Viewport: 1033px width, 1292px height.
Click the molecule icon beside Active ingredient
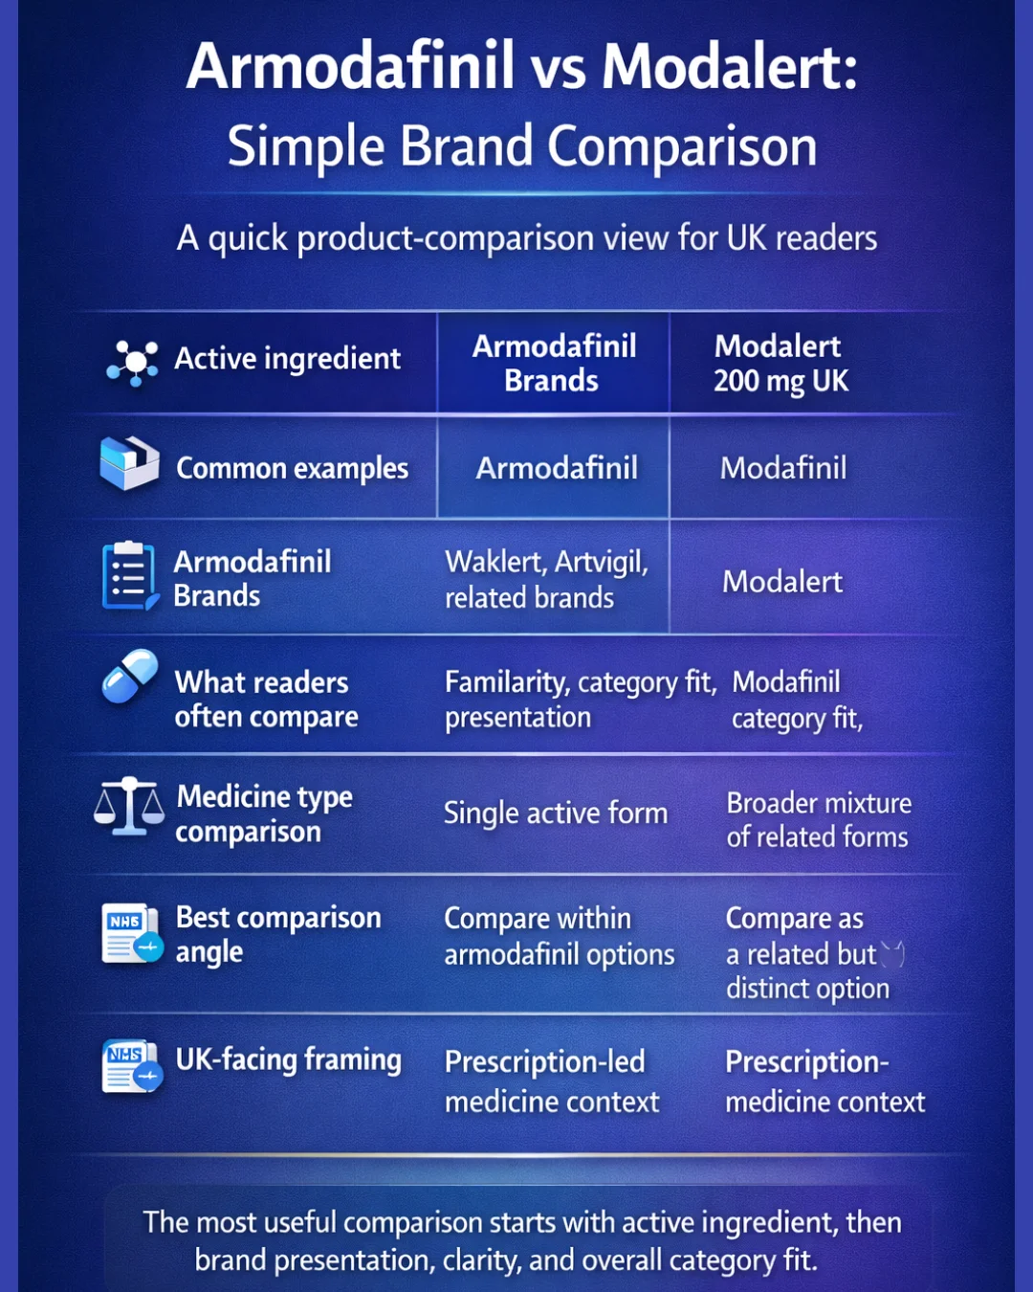pos(133,362)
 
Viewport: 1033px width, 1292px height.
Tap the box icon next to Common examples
pos(129,463)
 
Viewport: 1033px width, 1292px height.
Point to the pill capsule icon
pos(130,676)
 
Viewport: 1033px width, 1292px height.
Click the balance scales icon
pos(129,807)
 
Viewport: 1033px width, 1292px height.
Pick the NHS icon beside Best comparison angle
pos(132,933)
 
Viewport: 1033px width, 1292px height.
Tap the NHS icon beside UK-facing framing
pos(132,1066)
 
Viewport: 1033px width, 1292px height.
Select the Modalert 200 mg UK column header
pos(780,364)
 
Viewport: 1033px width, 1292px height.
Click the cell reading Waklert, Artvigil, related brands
pos(546,579)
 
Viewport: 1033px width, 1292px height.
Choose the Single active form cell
pos(555,813)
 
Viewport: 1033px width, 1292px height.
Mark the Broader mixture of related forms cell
pos(819,820)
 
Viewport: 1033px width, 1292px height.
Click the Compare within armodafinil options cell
pos(559,936)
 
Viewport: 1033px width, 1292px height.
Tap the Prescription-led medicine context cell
pos(552,1081)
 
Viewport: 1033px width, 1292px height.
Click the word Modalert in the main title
pos(730,67)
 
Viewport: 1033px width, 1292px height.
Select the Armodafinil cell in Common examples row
pos(557,468)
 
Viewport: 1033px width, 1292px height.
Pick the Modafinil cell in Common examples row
pos(783,468)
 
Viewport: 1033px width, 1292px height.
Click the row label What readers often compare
pos(266,699)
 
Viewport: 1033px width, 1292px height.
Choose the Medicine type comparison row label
pos(264,813)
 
